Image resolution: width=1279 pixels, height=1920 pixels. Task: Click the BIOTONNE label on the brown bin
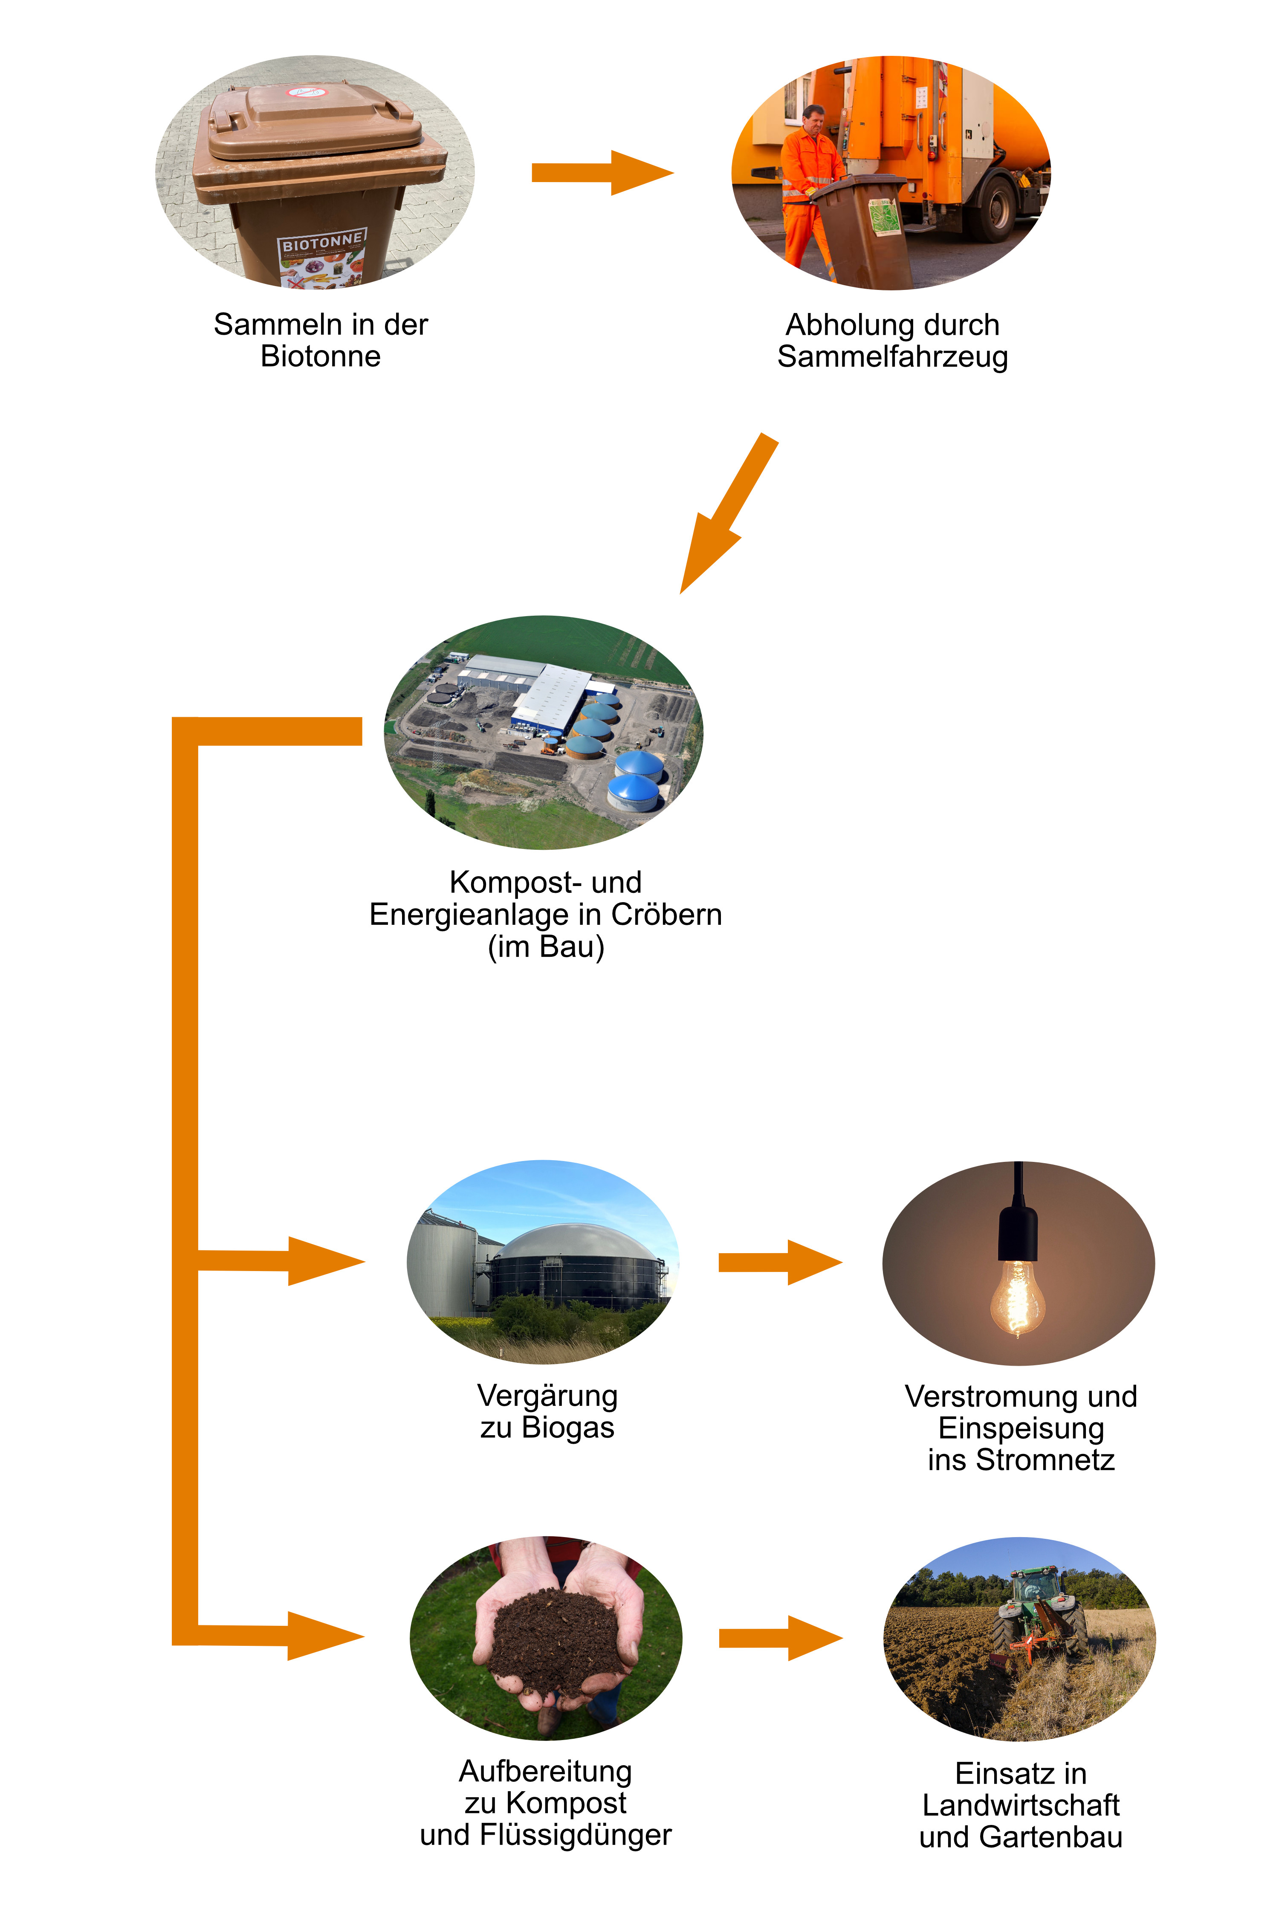[322, 243]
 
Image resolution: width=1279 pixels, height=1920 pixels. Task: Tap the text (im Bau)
[546, 947]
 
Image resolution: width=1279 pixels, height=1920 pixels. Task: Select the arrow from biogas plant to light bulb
[779, 1263]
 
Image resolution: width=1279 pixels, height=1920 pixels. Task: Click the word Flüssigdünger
[575, 1834]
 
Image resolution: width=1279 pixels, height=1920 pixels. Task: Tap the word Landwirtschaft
[1020, 1805]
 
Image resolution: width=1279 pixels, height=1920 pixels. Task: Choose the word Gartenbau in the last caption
[1050, 1837]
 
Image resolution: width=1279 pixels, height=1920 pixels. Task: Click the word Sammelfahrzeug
[892, 356]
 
